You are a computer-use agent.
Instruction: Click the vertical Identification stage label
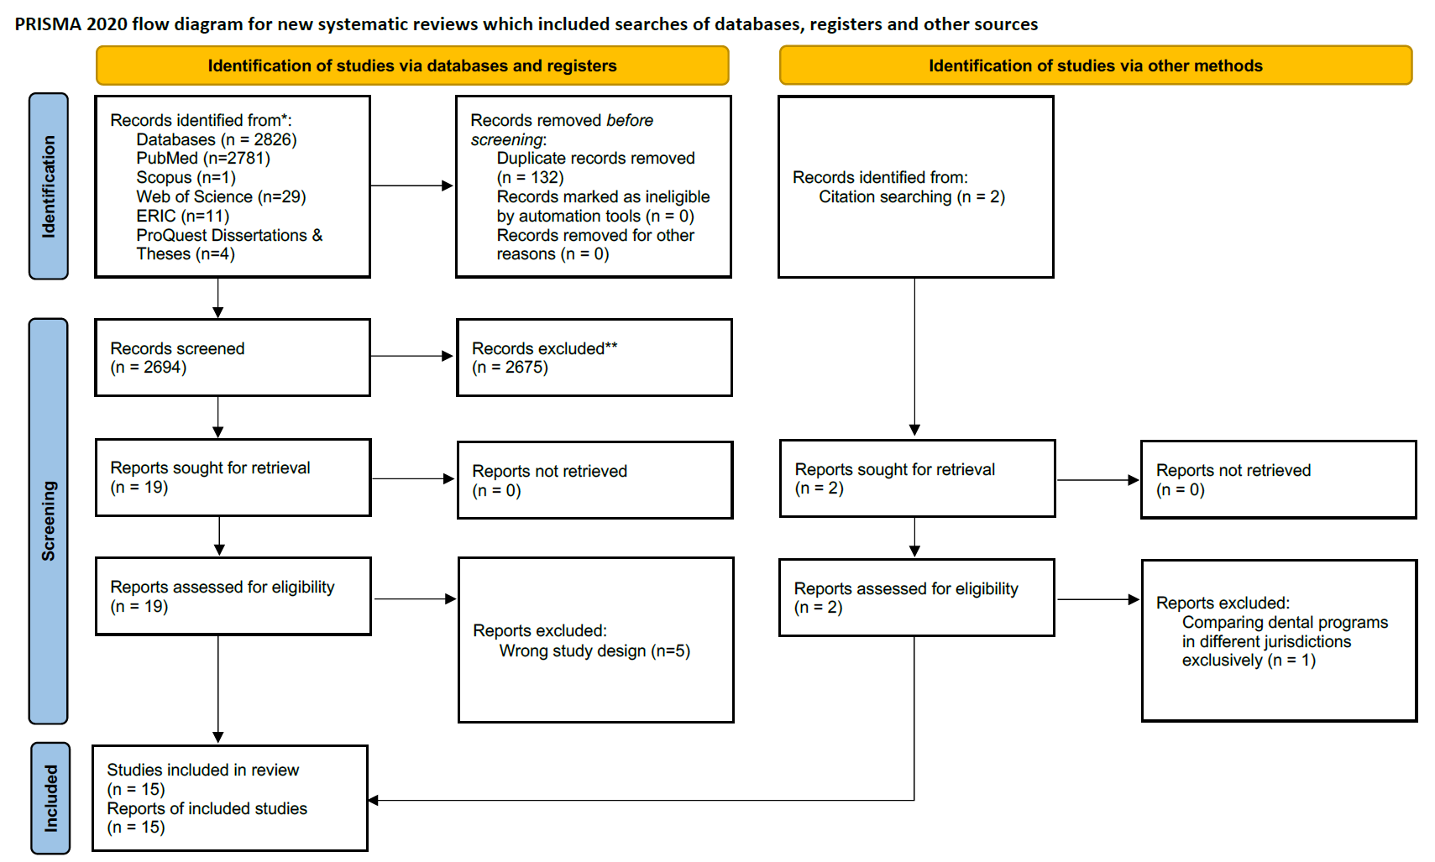pos(49,186)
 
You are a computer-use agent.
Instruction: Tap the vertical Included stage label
pos(50,797)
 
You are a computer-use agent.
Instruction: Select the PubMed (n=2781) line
pos(203,159)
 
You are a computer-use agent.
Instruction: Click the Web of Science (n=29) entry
pos(221,197)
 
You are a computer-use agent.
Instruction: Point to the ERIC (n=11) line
pos(182,217)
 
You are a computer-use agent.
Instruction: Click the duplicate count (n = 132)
pos(530,178)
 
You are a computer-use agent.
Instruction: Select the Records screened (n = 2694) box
pos(233,358)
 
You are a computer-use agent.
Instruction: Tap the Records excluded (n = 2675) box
pos(594,358)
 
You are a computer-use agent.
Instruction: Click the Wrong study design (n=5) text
pos(594,651)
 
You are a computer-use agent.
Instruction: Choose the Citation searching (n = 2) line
pos(912,197)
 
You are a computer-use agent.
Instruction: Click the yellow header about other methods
pos(1095,65)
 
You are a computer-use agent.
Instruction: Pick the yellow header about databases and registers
pos(412,65)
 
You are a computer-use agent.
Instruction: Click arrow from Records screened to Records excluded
pos(411,356)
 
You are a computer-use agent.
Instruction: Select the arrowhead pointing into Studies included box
pos(374,800)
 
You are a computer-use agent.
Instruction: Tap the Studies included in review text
pos(202,771)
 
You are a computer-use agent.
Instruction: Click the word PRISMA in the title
pos(48,24)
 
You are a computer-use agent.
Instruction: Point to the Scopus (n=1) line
pos(186,178)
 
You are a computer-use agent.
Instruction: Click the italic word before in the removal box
pos(630,121)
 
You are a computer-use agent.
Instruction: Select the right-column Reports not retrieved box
pos(1278,480)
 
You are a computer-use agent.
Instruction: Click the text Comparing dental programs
pos(1285,623)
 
